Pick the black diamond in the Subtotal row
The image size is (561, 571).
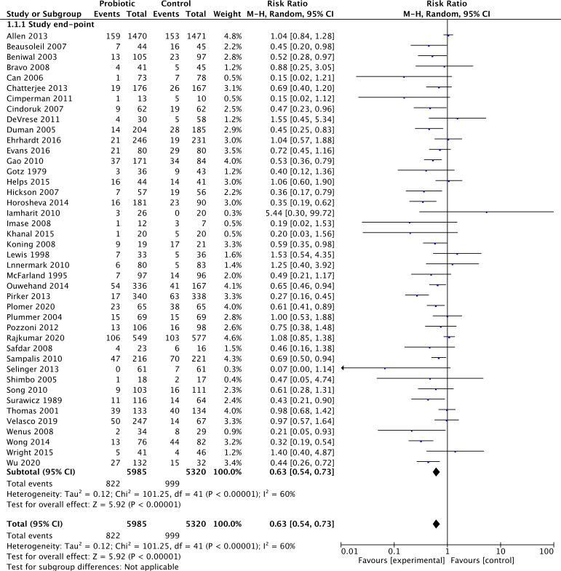point(436,472)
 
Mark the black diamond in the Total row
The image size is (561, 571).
point(436,524)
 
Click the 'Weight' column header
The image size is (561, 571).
point(219,13)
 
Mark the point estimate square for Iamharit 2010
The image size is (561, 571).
point(486,212)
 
